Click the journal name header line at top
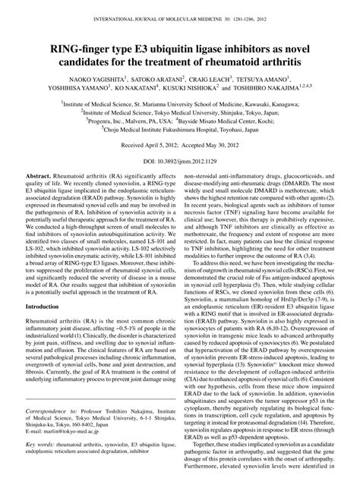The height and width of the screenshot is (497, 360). click(180, 16)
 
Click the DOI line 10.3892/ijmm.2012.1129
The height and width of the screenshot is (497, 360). click(180, 162)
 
